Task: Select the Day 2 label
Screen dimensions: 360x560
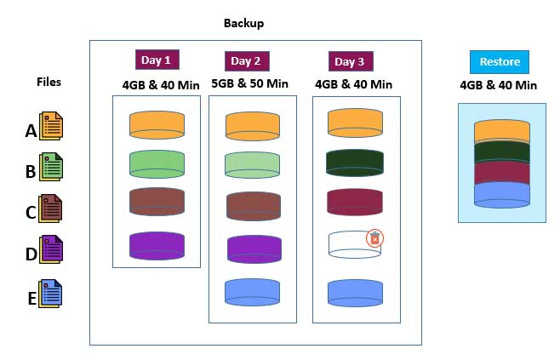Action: [x=247, y=60]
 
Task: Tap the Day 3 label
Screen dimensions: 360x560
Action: [x=351, y=61]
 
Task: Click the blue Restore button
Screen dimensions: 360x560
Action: [x=500, y=61]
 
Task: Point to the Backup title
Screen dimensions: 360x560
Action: [x=243, y=23]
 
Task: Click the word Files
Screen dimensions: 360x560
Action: [x=49, y=82]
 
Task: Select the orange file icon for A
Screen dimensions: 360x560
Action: [x=51, y=127]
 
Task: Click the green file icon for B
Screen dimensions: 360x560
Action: [x=51, y=167]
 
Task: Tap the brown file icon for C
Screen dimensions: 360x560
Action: [x=51, y=208]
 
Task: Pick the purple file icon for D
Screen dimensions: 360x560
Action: [x=51, y=249]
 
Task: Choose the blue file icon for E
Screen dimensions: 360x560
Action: [x=51, y=294]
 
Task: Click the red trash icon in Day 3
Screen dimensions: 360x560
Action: [x=374, y=238]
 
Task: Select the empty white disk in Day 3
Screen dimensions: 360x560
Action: [x=352, y=243]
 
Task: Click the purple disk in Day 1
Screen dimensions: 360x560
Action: [x=157, y=245]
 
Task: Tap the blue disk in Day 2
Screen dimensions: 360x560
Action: [x=253, y=291]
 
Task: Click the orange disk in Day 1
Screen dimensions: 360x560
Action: [x=157, y=124]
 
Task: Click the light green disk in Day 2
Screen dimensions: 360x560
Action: [x=253, y=164]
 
